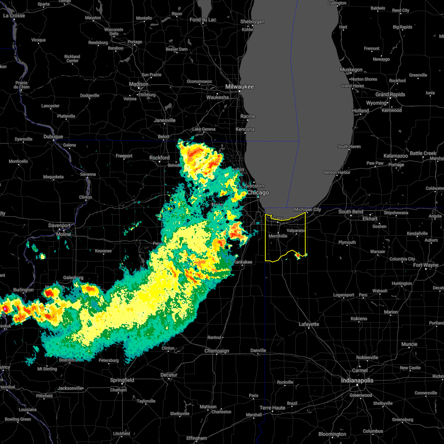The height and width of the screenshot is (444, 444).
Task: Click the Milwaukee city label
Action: point(240,87)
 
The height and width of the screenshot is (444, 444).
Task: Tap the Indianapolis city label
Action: point(357,380)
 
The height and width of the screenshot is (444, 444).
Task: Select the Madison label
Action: point(139,84)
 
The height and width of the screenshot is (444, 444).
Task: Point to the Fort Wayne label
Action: point(425,265)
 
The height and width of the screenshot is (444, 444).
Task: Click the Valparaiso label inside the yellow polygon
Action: point(296,231)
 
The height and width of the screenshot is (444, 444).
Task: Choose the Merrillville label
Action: point(278,236)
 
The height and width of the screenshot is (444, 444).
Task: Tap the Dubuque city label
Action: point(53,137)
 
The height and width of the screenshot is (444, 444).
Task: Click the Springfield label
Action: point(122,380)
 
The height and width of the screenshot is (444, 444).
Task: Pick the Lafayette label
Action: point(309,324)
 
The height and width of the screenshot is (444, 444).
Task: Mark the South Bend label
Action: point(350,212)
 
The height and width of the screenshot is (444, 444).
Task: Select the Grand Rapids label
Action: point(390,94)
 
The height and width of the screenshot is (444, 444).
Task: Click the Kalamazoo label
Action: point(396,156)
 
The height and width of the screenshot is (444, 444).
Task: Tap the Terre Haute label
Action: point(272,408)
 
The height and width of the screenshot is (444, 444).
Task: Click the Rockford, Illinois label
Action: point(159,158)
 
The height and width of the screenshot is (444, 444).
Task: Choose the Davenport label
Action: point(59,225)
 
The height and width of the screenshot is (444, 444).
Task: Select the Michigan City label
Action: point(307,209)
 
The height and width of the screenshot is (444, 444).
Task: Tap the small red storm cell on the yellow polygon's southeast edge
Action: point(297,255)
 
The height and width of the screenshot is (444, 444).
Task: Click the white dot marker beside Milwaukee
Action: point(239,91)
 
